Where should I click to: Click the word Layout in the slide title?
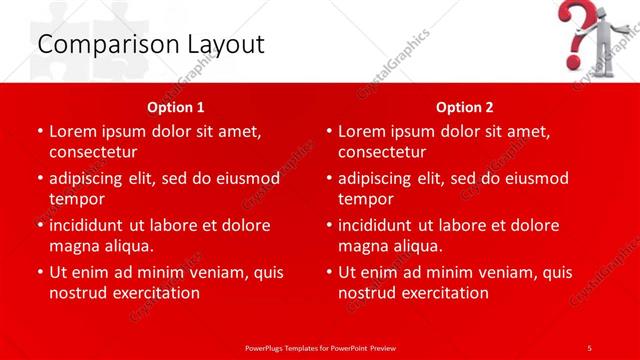click(223, 45)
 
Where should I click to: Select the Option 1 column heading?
click(176, 107)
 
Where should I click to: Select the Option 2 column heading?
click(465, 107)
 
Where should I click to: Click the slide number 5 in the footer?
click(589, 347)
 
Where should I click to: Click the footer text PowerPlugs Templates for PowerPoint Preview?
click(320, 347)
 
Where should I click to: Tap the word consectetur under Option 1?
click(92, 152)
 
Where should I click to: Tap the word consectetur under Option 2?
click(382, 152)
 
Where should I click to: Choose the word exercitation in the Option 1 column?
click(155, 293)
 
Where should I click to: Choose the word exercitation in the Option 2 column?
click(444, 293)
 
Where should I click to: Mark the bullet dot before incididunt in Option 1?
click(39, 225)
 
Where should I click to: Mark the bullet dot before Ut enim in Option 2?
click(329, 272)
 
